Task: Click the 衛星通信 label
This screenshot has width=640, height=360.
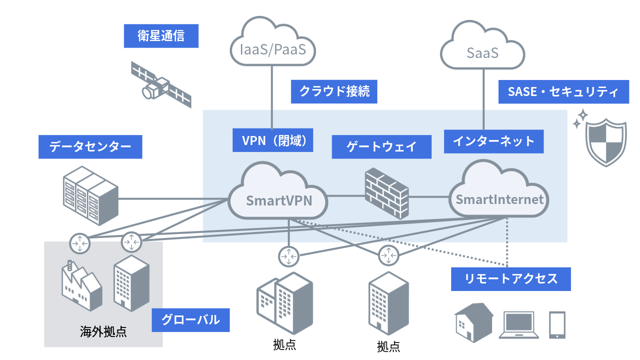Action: tap(161, 36)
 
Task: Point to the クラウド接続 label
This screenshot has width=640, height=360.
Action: tap(334, 91)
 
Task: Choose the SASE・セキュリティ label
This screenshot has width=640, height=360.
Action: tap(563, 92)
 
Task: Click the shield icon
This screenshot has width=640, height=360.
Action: tap(605, 142)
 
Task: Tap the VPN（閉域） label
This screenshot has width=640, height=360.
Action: tap(273, 140)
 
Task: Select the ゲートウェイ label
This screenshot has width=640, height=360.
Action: tap(381, 147)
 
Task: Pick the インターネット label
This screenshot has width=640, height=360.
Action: tap(494, 141)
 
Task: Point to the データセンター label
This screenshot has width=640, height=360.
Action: tap(90, 147)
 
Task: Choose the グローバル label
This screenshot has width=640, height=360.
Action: tap(190, 319)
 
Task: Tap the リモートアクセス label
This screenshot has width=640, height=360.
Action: tap(511, 278)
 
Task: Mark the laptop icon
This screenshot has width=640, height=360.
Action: tap(520, 324)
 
